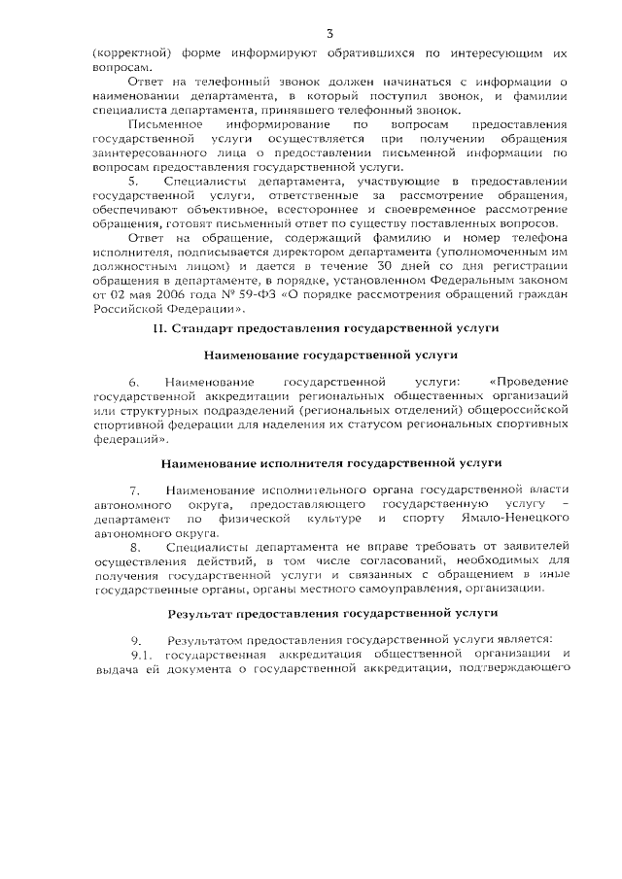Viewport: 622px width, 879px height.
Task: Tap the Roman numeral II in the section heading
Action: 159,329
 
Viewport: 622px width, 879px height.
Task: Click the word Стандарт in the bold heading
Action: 200,329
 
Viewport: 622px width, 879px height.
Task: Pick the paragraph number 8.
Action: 135,547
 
